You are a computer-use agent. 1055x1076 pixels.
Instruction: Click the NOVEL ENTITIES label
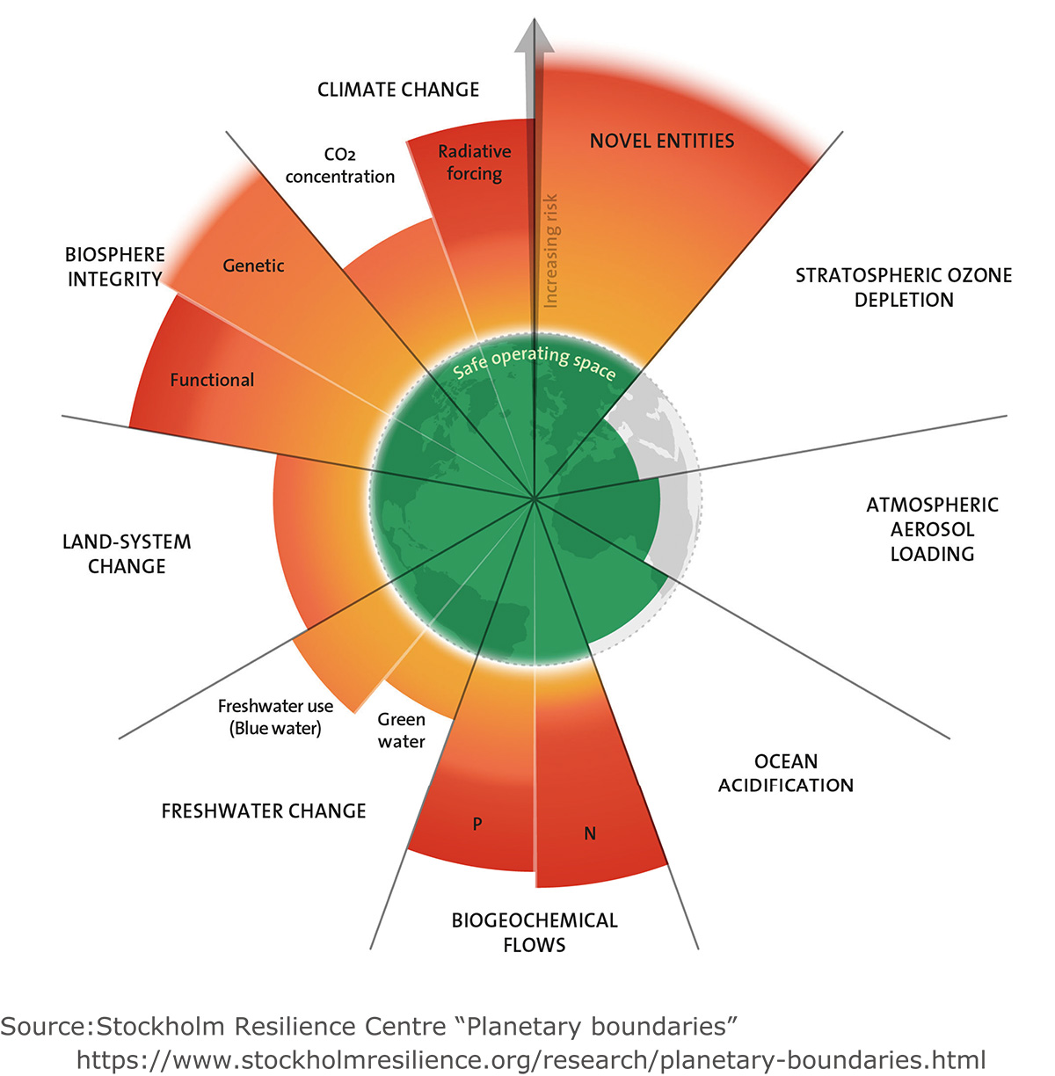pyautogui.click(x=662, y=141)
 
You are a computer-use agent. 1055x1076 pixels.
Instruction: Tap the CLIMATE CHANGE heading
pyautogui.click(x=398, y=90)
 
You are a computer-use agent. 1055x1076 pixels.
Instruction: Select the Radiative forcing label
pyautogui.click(x=474, y=163)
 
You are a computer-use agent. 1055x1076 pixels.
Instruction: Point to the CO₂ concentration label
pyautogui.click(x=339, y=165)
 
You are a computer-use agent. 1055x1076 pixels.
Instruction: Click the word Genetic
pyautogui.click(x=253, y=265)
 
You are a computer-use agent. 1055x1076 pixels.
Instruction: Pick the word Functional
pyautogui.click(x=212, y=380)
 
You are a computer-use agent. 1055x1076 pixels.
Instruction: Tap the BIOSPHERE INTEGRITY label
pyautogui.click(x=115, y=266)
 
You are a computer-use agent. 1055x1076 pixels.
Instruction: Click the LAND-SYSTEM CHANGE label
pyautogui.click(x=127, y=553)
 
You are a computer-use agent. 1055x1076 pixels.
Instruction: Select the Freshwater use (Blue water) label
pyautogui.click(x=275, y=717)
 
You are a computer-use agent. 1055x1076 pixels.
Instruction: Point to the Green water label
pyautogui.click(x=401, y=730)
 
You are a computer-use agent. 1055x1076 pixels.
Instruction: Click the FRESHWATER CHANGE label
pyautogui.click(x=264, y=811)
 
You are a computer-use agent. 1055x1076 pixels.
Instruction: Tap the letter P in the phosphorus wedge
pyautogui.click(x=477, y=824)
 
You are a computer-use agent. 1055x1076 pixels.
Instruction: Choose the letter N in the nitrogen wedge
pyautogui.click(x=590, y=833)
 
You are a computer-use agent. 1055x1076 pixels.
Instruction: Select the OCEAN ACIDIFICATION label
pyautogui.click(x=786, y=773)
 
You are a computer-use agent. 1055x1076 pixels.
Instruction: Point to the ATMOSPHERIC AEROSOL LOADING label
pyautogui.click(x=932, y=529)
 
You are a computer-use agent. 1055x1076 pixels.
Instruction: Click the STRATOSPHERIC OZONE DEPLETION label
pyautogui.click(x=904, y=287)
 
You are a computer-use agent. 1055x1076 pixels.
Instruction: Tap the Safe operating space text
pyautogui.click(x=535, y=362)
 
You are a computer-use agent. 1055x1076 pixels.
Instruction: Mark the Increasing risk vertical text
pyautogui.click(x=550, y=251)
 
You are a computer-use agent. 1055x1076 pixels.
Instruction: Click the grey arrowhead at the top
pyautogui.click(x=535, y=37)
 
